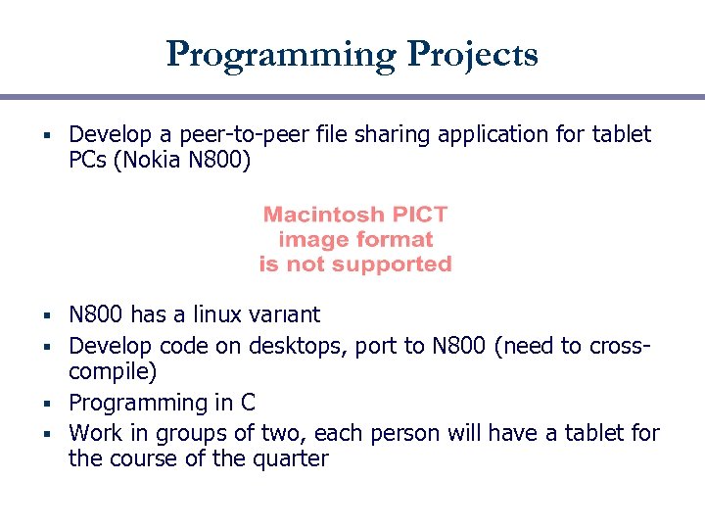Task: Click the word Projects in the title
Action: [474, 54]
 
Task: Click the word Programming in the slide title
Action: [280, 54]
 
